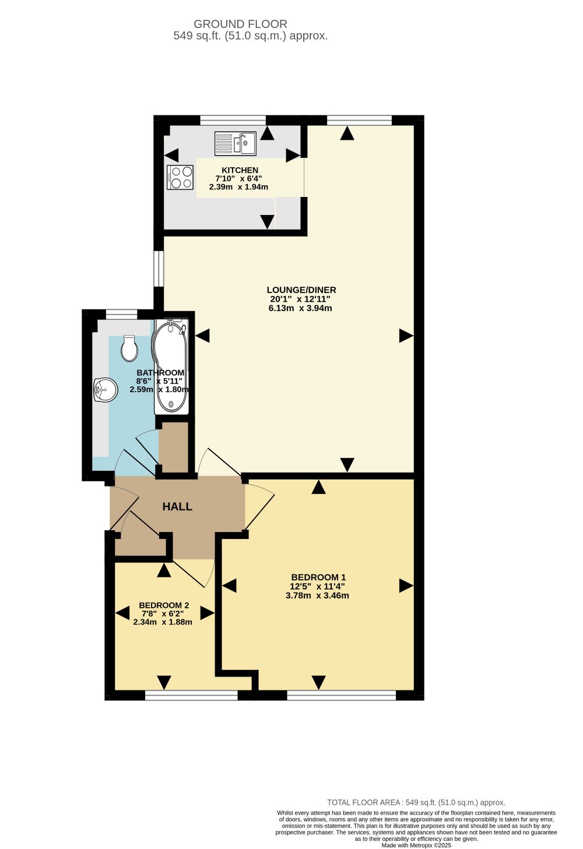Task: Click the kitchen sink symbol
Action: click(235, 143)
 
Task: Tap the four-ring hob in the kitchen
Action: click(180, 177)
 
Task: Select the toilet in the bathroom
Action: click(130, 348)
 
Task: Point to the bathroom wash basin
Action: click(105, 390)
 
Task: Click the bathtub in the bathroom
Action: click(171, 367)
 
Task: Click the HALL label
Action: click(177, 506)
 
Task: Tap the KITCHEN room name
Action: click(240, 170)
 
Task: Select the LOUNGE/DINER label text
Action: click(301, 290)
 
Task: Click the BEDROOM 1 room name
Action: click(318, 577)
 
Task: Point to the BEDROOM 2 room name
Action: click(164, 605)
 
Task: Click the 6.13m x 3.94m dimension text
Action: click(300, 308)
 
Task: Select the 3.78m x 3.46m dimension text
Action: click(317, 596)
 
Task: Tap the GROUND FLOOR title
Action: click(240, 24)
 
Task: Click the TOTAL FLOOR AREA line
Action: click(416, 802)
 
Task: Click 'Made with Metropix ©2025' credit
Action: click(416, 845)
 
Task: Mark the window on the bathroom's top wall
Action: click(121, 313)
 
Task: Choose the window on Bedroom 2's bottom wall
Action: click(191, 695)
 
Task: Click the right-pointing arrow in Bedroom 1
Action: click(406, 586)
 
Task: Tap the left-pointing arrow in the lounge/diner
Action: click(202, 336)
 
